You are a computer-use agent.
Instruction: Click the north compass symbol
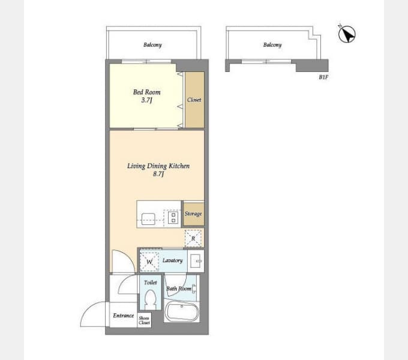point(347,34)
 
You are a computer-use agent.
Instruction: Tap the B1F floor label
point(323,77)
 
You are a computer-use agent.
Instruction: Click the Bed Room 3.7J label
point(147,96)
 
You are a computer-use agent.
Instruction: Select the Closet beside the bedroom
point(194,100)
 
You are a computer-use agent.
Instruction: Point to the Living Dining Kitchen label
point(158,166)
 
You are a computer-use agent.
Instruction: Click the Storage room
point(193,214)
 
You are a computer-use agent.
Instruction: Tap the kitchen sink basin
point(148,219)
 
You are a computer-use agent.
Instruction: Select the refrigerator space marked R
point(193,238)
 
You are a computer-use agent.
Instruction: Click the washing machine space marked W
point(149,261)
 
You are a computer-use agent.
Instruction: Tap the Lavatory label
point(172,260)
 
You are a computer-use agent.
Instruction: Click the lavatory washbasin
point(196,260)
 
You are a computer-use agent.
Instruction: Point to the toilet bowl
point(150,299)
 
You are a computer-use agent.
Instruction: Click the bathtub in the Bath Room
point(182,311)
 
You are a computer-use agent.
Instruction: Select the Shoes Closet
point(144,320)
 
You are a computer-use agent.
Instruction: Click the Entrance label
point(124,316)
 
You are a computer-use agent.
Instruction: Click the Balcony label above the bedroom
point(152,45)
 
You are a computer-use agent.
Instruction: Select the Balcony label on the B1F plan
point(272,45)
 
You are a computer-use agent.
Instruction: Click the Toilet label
point(151,283)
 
